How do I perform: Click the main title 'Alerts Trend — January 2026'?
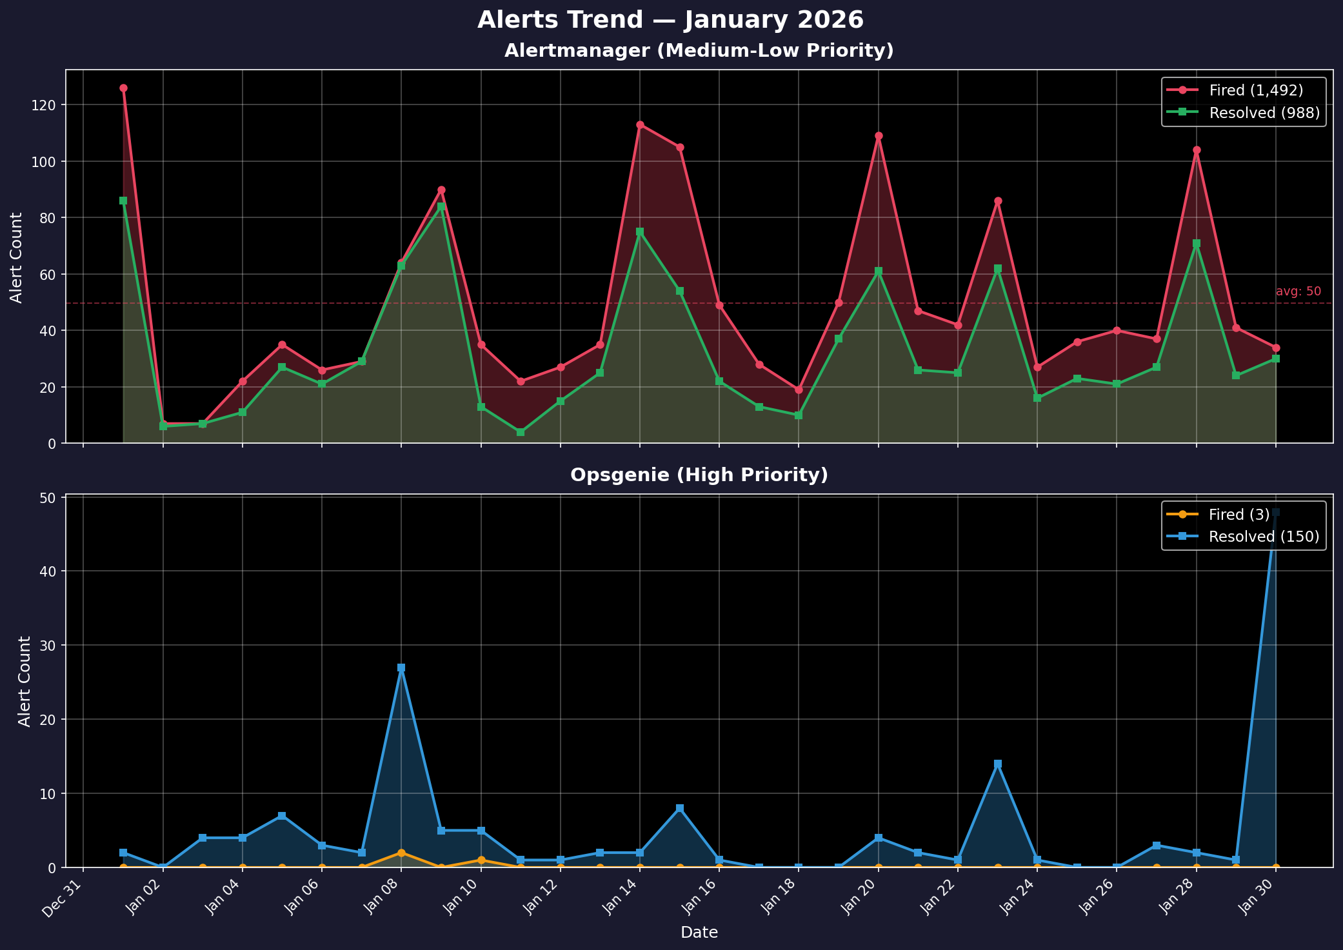pyautogui.click(x=670, y=21)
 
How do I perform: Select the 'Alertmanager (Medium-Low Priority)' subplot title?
pyautogui.click(x=699, y=51)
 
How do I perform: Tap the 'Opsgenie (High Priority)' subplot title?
pyautogui.click(x=699, y=475)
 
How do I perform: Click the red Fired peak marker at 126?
pyautogui.click(x=123, y=88)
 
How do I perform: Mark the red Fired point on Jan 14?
pyautogui.click(x=640, y=125)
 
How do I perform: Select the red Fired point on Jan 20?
pyautogui.click(x=878, y=136)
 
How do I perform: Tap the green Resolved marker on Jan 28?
pyautogui.click(x=1196, y=244)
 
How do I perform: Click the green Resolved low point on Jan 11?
pyautogui.click(x=521, y=432)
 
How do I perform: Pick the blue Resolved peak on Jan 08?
pyautogui.click(x=401, y=668)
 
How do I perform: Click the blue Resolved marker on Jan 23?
pyautogui.click(x=997, y=764)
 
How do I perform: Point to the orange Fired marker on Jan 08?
pyautogui.click(x=401, y=853)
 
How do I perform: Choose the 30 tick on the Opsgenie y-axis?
pyautogui.click(x=51, y=646)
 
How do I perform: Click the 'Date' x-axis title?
pyautogui.click(x=699, y=932)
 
